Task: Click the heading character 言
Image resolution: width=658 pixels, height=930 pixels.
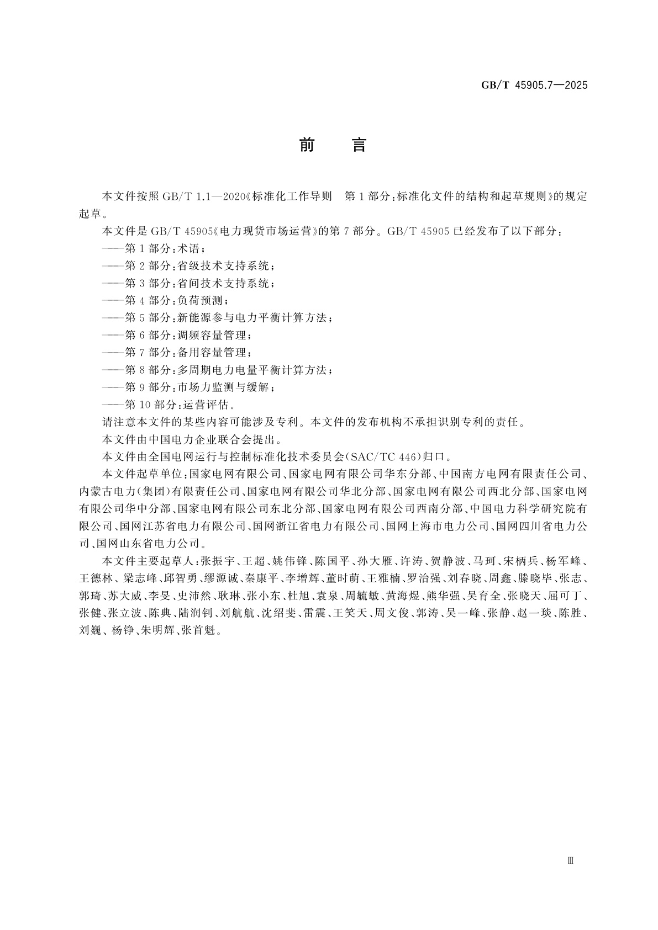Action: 359,145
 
